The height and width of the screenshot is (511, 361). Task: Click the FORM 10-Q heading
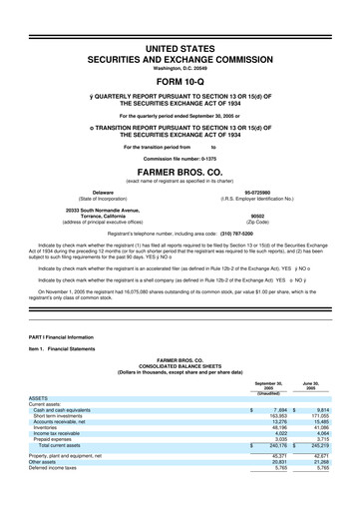click(x=180, y=81)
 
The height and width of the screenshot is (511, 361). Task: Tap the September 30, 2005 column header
click(x=267, y=387)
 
